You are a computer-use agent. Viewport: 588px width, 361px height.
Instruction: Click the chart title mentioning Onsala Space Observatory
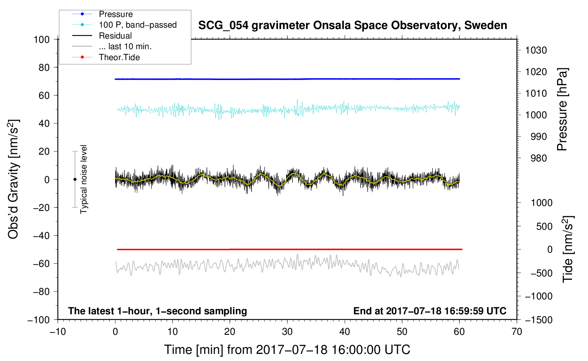coord(352,25)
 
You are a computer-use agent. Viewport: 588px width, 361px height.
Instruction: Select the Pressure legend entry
coord(115,14)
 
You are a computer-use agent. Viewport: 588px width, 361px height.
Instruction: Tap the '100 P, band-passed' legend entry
coord(137,25)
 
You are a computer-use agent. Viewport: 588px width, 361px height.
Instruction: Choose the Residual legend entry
coord(115,36)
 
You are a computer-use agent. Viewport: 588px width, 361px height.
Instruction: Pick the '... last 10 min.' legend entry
coord(125,46)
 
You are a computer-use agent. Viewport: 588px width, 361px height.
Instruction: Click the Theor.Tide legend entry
coord(119,57)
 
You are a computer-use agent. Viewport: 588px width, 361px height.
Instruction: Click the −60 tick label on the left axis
coord(41,263)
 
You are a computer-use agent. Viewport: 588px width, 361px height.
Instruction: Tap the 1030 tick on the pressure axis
coord(536,50)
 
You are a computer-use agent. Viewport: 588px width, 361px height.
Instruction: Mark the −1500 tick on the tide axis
coord(539,320)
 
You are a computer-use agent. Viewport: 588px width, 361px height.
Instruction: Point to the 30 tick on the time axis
coord(287,332)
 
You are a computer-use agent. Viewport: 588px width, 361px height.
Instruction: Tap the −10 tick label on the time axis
coord(58,332)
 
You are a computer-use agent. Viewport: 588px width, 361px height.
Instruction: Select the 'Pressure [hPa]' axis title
coord(562,109)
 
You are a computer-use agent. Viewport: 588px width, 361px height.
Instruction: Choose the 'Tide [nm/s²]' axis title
coord(568,249)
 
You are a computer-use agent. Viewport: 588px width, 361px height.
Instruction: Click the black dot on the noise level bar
coord(75,179)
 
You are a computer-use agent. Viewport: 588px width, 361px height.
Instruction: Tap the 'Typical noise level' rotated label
coord(84,179)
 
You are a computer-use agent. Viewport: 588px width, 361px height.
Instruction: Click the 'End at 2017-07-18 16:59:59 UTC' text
coord(430,311)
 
